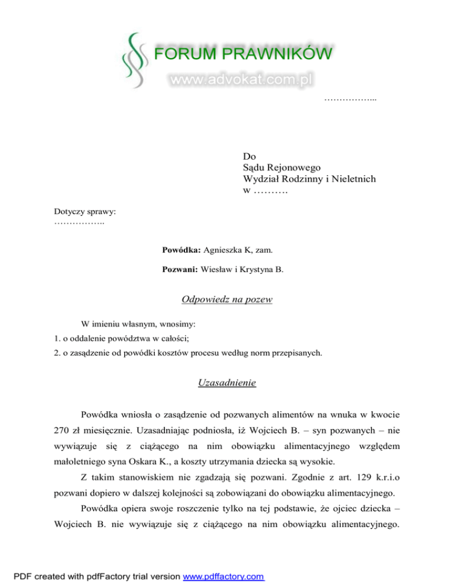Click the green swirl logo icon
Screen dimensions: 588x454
tap(134, 59)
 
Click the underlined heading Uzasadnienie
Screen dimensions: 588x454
tap(226, 383)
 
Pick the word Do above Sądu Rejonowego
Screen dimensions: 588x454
tap(249, 157)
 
